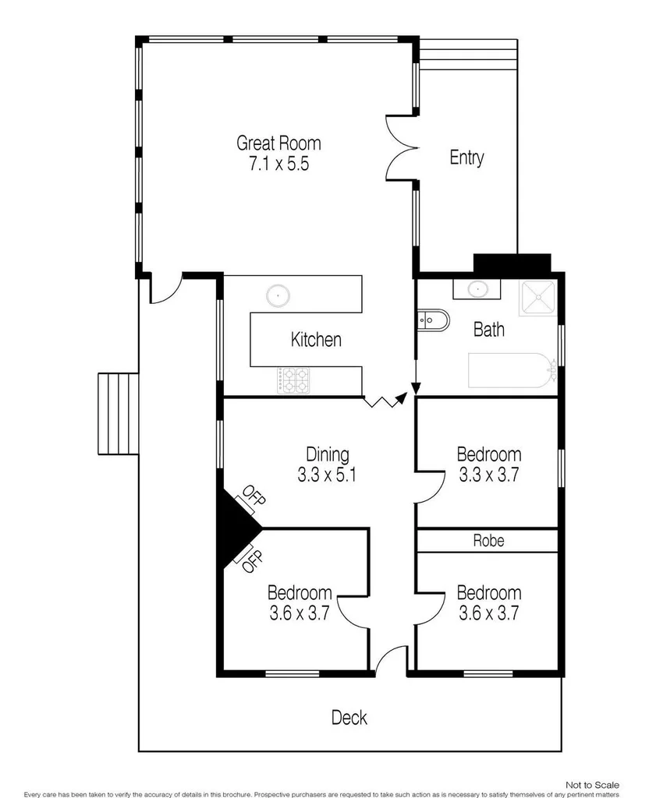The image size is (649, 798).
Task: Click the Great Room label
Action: click(278, 143)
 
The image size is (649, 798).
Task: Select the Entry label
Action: click(466, 157)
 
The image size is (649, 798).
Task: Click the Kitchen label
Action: click(316, 340)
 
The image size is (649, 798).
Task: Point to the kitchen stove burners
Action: click(295, 380)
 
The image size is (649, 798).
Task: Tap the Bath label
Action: click(489, 330)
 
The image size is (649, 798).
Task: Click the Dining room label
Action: click(327, 454)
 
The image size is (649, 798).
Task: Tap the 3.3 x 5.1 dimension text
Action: click(327, 475)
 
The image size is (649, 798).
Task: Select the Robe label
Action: click(488, 541)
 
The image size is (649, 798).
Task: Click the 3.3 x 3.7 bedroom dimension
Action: click(489, 475)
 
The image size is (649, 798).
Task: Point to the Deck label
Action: click(349, 718)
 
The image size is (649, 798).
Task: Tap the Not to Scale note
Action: click(593, 784)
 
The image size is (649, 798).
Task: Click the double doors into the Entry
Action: click(401, 148)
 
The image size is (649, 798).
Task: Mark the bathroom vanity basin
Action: click(474, 289)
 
